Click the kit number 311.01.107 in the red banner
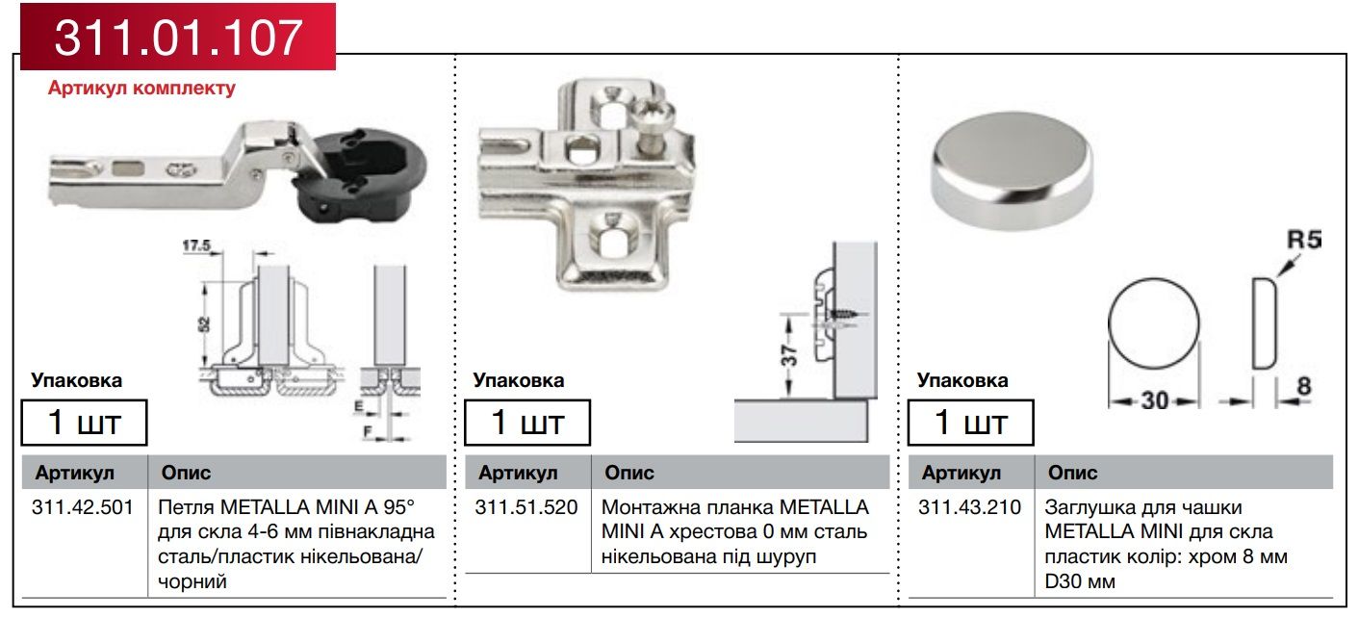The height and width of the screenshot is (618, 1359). [x=178, y=38]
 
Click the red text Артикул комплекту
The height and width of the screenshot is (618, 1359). [x=141, y=88]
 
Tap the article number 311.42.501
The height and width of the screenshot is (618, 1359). [x=83, y=507]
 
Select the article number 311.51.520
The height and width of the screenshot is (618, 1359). [x=526, y=507]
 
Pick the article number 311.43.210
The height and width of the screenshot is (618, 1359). [x=969, y=507]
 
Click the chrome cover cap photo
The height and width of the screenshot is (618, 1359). [x=1012, y=170]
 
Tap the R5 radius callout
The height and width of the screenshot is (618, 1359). [x=1304, y=241]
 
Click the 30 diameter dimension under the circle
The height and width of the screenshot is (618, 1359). [x=1155, y=400]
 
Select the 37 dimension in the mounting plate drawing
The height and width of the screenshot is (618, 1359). [x=788, y=356]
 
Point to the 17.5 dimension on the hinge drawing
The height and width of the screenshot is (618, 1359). [x=196, y=245]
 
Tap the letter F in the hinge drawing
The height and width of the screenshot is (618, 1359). [x=367, y=431]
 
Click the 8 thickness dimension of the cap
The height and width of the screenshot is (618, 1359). [x=1304, y=386]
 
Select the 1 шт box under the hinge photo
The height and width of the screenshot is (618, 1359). [x=85, y=423]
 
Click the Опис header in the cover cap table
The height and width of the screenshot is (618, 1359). [x=1072, y=473]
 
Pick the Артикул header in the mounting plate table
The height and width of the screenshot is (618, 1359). [x=518, y=473]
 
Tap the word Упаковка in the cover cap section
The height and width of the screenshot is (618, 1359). [x=962, y=380]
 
